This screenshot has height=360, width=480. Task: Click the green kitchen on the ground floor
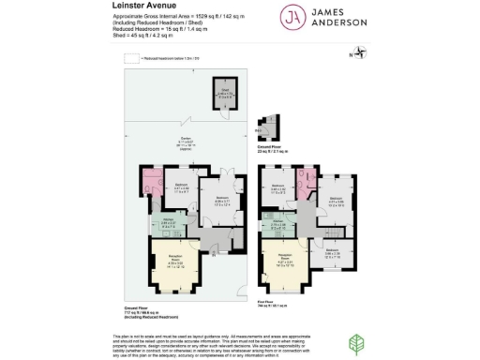click(163, 223)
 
